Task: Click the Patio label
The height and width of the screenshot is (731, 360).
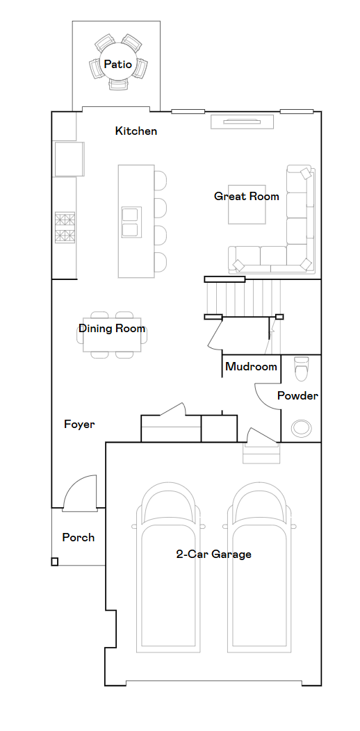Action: (117, 64)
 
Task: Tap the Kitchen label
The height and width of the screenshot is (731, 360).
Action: (136, 131)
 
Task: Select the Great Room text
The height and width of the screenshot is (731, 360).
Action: (247, 196)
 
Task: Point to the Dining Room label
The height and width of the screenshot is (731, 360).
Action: (112, 328)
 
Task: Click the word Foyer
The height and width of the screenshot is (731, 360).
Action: (79, 425)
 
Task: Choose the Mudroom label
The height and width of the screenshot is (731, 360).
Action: (252, 366)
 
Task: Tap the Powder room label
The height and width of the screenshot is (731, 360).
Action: (297, 396)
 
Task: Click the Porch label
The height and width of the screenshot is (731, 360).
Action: (79, 538)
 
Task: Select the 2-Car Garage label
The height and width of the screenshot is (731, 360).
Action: (213, 555)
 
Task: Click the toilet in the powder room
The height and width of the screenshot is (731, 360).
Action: (302, 368)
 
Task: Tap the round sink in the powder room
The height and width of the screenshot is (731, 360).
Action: (301, 427)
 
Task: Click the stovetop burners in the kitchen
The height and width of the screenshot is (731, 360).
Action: (65, 227)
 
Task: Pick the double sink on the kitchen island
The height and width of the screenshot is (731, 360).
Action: (130, 222)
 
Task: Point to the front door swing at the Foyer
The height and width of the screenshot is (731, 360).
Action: (80, 492)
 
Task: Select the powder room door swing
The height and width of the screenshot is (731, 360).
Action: (267, 396)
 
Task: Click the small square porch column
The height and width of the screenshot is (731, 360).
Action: (55, 561)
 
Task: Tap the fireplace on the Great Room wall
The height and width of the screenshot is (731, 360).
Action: (242, 122)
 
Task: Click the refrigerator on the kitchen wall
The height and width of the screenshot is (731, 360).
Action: (69, 159)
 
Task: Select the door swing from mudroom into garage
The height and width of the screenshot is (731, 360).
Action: (262, 436)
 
